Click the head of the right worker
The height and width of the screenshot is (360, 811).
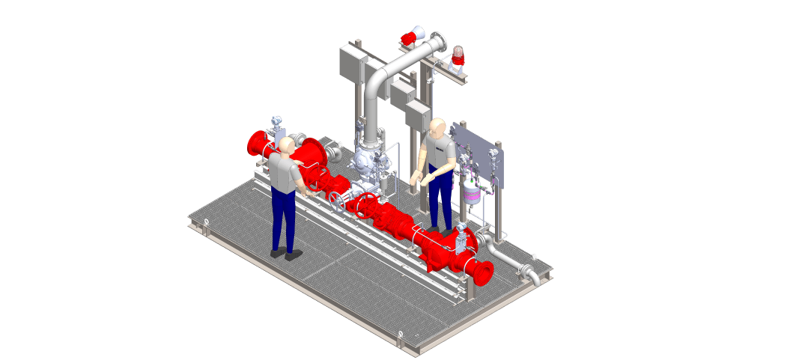[437, 127]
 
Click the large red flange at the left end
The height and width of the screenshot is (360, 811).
[257, 143]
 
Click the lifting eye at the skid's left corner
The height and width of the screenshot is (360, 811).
[204, 220]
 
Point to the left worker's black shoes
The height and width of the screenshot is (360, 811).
[285, 254]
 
